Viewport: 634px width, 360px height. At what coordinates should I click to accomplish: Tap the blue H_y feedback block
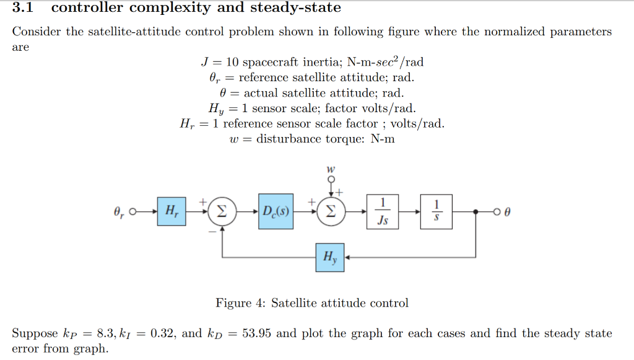(329, 257)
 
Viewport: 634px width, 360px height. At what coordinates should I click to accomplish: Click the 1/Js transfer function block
(383, 211)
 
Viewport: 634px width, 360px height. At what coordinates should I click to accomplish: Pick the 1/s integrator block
(436, 211)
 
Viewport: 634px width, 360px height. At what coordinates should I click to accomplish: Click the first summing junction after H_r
(221, 211)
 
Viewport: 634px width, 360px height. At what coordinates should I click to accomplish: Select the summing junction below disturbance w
(331, 211)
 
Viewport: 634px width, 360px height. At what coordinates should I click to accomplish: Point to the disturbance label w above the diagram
(331, 169)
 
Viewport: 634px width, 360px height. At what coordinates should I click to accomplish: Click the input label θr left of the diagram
(119, 212)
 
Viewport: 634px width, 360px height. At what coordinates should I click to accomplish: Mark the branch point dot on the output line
(475, 212)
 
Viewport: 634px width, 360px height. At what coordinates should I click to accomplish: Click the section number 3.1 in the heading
(22, 8)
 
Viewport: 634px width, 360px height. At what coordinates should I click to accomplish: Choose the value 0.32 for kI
(162, 333)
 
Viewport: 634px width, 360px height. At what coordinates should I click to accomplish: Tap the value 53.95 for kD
(256, 333)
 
